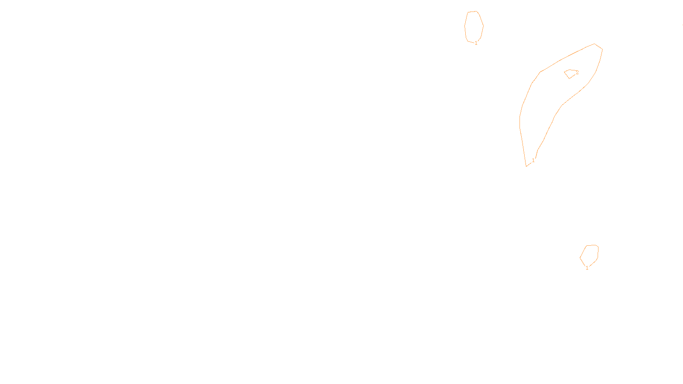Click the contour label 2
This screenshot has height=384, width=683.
(x=577, y=73)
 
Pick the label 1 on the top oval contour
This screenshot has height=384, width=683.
(x=476, y=43)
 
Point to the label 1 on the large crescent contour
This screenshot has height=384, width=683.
(x=533, y=160)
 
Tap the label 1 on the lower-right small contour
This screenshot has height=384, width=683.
(x=587, y=268)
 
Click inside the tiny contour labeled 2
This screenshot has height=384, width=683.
(x=570, y=73)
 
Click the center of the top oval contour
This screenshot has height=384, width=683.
(x=474, y=26)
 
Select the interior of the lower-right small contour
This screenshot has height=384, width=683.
(x=590, y=255)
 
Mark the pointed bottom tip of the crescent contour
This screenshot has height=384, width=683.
(x=526, y=166)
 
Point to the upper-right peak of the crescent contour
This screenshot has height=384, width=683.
(x=595, y=44)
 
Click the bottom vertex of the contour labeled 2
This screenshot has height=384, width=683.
(x=569, y=79)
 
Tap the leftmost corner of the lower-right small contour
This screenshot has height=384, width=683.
(x=580, y=258)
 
